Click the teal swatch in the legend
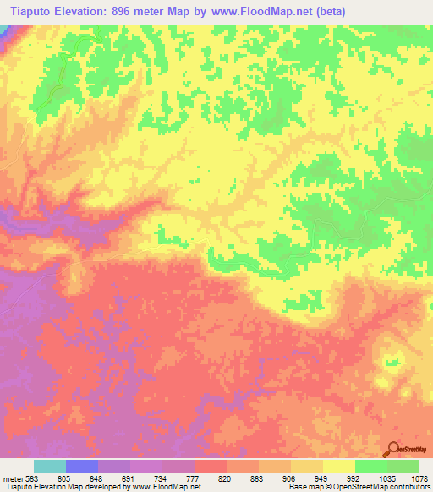pyautogui.click(x=50, y=466)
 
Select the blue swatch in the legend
pyautogui.click(x=82, y=466)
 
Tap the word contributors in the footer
pyautogui.click(x=411, y=487)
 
